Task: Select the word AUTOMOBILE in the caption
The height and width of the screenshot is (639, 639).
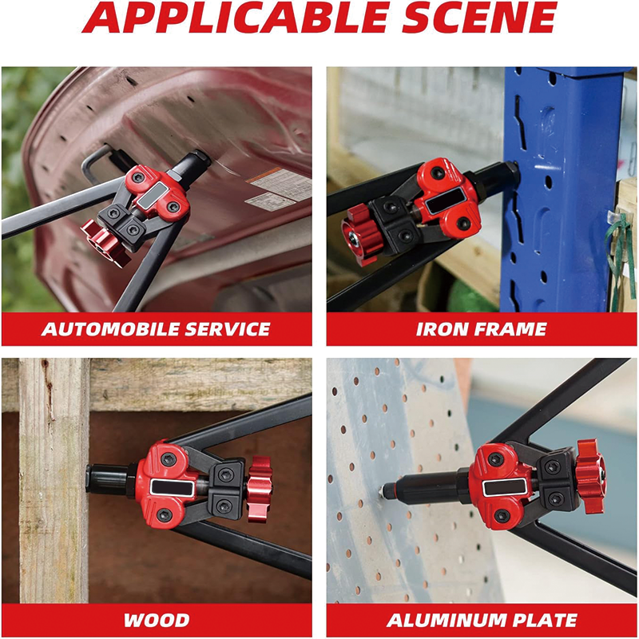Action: (x=110, y=329)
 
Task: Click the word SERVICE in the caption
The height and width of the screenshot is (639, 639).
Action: (x=228, y=329)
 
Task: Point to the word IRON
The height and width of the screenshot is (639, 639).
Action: (x=439, y=329)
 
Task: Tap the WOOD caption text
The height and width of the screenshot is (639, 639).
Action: (x=157, y=621)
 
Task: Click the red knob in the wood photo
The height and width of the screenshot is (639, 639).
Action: (x=259, y=489)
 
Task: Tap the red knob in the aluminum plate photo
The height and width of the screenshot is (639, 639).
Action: (x=591, y=476)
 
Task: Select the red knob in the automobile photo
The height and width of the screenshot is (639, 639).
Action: (x=105, y=244)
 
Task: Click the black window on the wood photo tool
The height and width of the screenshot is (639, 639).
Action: (x=172, y=487)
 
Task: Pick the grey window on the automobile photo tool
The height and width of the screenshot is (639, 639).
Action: (x=153, y=195)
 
